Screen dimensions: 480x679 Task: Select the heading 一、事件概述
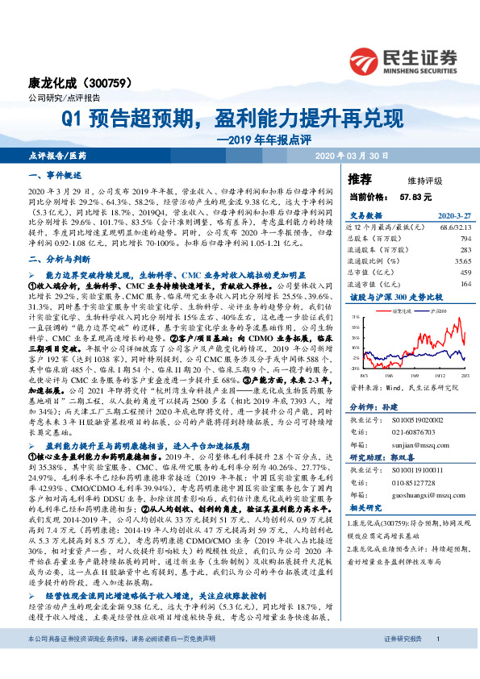pyautogui.click(x=56, y=175)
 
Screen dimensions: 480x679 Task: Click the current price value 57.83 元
pyautogui.click(x=415, y=196)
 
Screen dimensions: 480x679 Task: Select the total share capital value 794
pyautogui.click(x=465, y=240)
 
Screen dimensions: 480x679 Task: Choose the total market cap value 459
pyautogui.click(x=465, y=273)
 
